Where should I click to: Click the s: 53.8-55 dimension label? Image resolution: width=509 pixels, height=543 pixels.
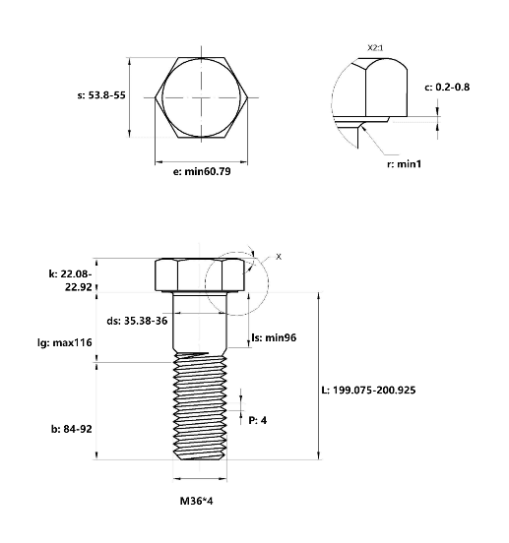[x=101, y=95]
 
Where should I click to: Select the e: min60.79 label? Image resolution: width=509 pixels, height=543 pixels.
[x=202, y=171]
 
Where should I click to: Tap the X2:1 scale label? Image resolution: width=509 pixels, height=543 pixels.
[x=375, y=48]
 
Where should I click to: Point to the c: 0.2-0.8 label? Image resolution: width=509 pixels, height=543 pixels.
[x=447, y=87]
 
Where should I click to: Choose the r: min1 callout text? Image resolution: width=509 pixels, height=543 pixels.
[x=404, y=164]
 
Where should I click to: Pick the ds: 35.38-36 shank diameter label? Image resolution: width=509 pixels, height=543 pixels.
[x=137, y=321]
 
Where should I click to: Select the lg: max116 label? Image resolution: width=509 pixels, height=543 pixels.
[x=65, y=343]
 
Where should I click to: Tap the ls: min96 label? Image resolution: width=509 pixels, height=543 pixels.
[x=274, y=337]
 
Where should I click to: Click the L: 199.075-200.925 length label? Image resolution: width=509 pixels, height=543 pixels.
[x=368, y=391]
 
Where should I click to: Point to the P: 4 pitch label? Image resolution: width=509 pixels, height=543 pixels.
[x=258, y=420]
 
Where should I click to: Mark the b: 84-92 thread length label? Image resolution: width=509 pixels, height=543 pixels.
[x=72, y=429]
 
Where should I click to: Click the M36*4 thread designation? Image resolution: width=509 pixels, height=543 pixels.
[x=197, y=501]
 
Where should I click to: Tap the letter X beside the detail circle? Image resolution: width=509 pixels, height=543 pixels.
[x=279, y=257]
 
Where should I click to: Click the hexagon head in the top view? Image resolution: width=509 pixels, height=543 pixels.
[x=201, y=97]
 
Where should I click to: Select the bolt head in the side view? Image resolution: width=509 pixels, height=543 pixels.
[x=200, y=275]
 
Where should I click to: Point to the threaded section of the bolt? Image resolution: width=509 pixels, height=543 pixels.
[x=200, y=407]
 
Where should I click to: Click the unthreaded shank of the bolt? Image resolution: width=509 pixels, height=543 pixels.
[x=200, y=322]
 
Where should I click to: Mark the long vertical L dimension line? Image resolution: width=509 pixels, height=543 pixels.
[x=318, y=376]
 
